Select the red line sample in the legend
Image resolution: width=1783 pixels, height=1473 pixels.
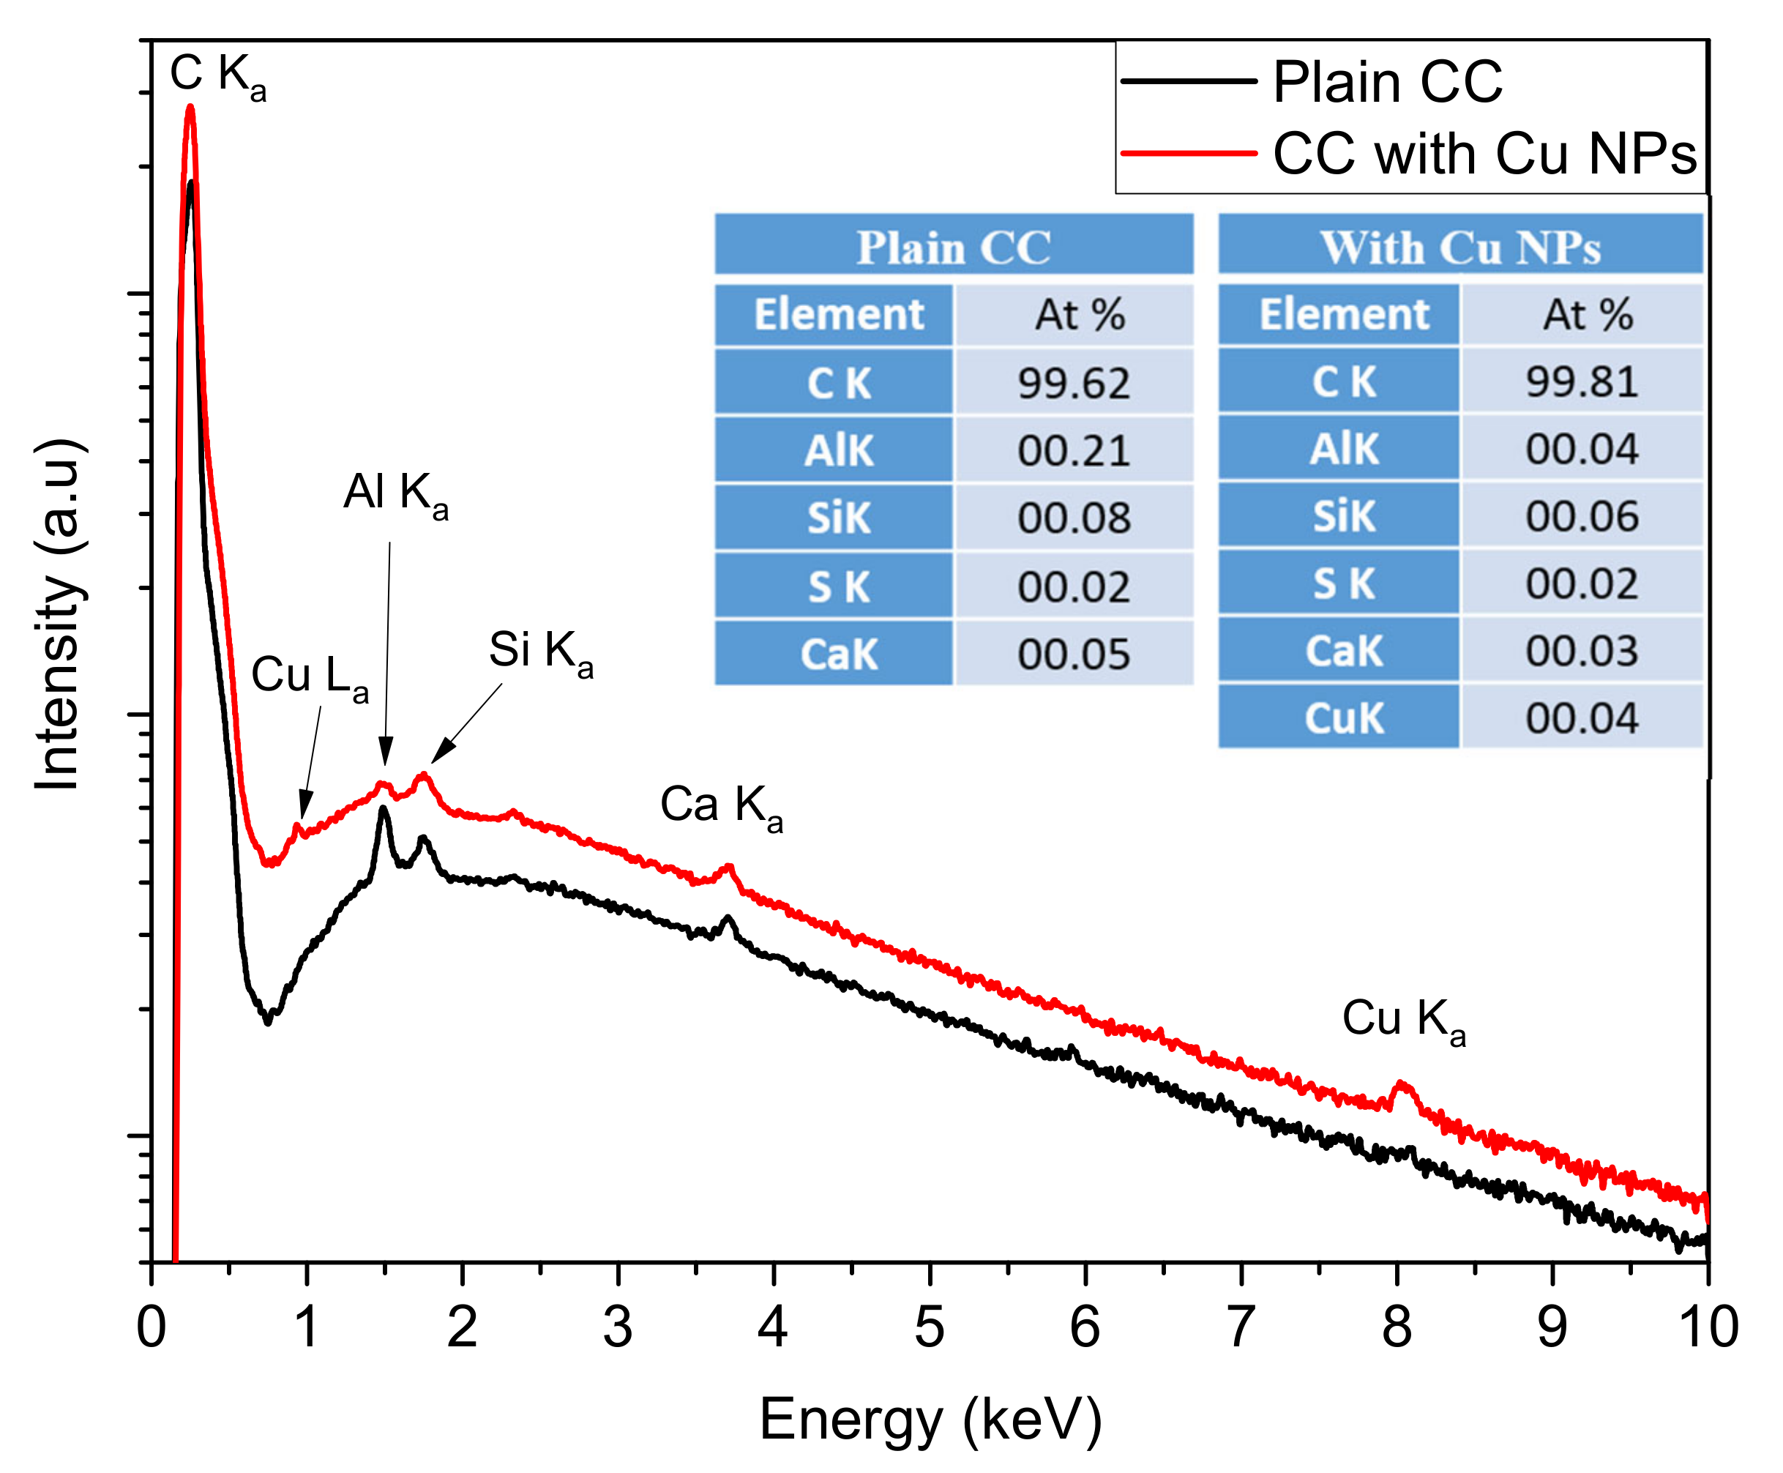point(1186,154)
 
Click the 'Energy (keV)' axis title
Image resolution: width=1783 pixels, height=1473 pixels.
point(930,1420)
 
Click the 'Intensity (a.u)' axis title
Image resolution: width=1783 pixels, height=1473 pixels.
point(58,615)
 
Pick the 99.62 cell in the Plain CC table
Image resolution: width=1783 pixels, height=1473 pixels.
point(1073,384)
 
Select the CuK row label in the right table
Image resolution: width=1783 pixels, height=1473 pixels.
point(1343,719)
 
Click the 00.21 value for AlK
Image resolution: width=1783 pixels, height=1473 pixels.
point(1073,450)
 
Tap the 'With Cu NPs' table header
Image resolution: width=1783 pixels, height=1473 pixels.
point(1459,247)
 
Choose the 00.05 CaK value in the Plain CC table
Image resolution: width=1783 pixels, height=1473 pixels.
point(1073,655)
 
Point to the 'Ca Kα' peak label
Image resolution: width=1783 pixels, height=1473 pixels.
point(720,805)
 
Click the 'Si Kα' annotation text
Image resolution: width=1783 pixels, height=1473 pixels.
point(540,652)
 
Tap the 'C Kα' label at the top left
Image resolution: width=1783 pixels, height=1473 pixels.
point(217,75)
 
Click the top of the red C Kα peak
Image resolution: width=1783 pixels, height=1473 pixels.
point(191,108)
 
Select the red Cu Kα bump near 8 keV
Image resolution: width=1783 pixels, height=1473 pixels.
point(1401,1084)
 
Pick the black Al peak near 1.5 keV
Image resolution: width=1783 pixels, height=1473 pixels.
point(384,808)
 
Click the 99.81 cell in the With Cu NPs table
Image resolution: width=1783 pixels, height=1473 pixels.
point(1581,382)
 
